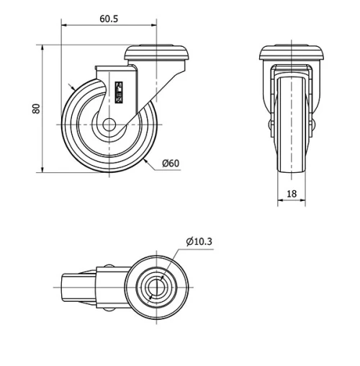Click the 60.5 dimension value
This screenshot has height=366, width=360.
pos(109,19)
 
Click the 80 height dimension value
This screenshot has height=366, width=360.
pos(35,109)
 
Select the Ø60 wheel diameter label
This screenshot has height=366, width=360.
pos(171,164)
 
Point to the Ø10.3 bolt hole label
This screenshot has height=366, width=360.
pos(199,241)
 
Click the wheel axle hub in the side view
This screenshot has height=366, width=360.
pos(109,125)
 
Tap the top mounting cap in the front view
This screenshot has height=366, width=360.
pos(292,53)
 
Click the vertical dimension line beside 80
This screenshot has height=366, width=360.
pos(44,109)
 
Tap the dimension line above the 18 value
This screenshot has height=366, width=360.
pos(292,202)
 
